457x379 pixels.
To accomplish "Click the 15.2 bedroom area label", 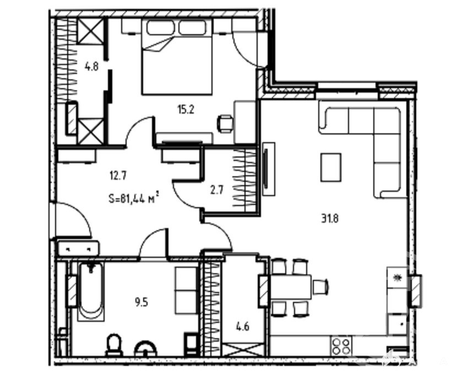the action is [x=186, y=110].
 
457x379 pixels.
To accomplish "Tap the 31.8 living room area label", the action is [x=330, y=218].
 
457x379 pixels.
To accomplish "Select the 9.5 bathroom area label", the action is [x=142, y=302].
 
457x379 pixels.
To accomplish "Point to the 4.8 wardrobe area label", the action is [x=91, y=67].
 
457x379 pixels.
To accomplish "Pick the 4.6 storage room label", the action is [x=242, y=326].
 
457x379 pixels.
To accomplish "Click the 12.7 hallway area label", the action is [x=118, y=176].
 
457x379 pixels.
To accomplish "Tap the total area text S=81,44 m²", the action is [x=134, y=198].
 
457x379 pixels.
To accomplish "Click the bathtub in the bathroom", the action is [x=91, y=291].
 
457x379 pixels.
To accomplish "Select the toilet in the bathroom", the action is [x=114, y=345].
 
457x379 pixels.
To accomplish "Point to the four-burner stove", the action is [x=341, y=346].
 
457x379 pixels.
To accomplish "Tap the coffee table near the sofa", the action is [x=331, y=167].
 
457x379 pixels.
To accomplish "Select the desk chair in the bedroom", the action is [x=225, y=124].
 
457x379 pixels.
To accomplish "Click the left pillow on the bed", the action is [x=161, y=28].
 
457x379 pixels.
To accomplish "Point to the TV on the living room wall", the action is [x=266, y=169].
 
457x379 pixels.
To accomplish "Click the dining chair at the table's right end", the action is [x=320, y=287].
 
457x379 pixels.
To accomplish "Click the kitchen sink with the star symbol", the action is [x=396, y=278].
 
